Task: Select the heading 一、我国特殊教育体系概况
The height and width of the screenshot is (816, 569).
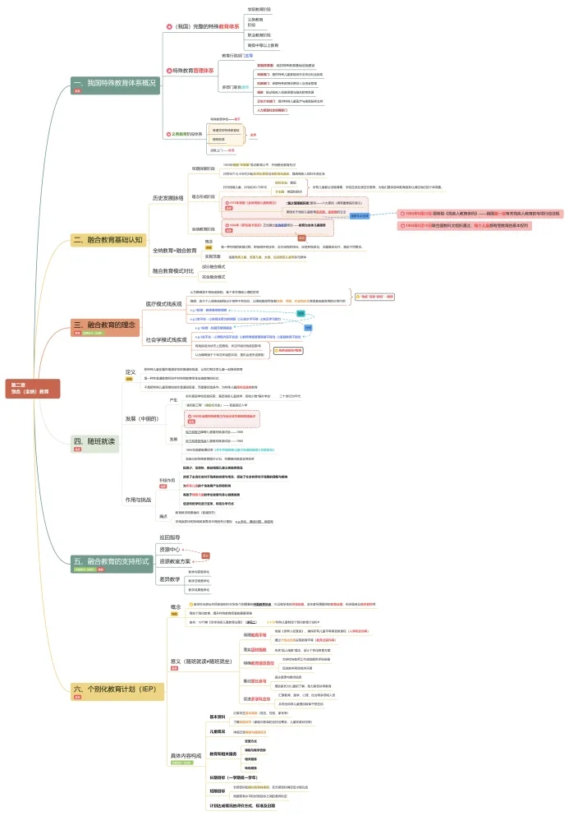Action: coord(114,83)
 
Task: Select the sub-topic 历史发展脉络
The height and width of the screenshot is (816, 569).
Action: coord(169,198)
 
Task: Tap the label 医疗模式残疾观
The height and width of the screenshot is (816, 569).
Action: coord(164,304)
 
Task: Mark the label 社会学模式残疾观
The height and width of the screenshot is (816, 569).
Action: coord(167,339)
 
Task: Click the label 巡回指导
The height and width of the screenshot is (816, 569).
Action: coord(168,537)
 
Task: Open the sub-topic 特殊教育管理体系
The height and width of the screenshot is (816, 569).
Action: coord(195,71)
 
